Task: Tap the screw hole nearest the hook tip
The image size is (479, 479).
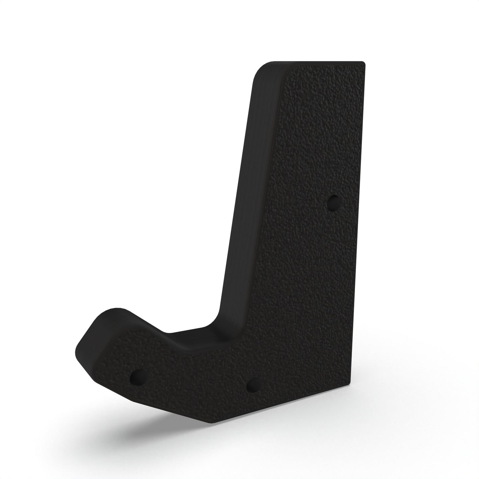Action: click(137, 376)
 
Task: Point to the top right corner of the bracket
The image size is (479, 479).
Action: click(364, 63)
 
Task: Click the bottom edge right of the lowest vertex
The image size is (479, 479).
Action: click(282, 403)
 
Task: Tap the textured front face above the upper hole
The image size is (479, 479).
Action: click(318, 133)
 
